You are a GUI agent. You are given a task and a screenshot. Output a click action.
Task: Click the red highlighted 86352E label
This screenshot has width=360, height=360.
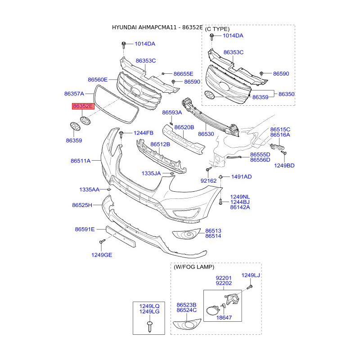[x=83, y=106]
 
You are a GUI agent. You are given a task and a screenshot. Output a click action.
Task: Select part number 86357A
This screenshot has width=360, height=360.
[x=74, y=94]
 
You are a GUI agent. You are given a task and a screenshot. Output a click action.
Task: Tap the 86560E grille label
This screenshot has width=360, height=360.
[x=98, y=80]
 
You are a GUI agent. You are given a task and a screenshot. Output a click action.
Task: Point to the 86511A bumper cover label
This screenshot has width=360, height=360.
[x=81, y=161]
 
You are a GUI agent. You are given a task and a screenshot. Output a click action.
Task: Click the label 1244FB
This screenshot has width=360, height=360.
[x=144, y=133]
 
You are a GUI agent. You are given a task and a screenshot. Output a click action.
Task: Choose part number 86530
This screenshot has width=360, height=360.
[x=206, y=134]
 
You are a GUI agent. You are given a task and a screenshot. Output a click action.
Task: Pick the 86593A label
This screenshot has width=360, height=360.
[x=172, y=112]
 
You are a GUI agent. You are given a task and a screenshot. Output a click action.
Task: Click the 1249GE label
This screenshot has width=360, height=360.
[x=102, y=255]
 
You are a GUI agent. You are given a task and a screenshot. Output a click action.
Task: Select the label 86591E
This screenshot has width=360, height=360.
[x=85, y=229]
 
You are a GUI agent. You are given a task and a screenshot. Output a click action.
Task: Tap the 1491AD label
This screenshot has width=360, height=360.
[x=242, y=177]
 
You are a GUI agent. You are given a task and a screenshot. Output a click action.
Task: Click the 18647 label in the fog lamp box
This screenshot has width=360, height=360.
[x=224, y=318]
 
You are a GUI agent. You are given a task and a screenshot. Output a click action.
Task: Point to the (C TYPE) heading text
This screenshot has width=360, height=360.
[x=217, y=29]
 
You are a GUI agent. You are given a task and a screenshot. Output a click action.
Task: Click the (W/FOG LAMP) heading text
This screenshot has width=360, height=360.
[x=194, y=267]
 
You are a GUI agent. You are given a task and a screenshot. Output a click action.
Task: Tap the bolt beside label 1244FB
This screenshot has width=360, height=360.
[x=121, y=135]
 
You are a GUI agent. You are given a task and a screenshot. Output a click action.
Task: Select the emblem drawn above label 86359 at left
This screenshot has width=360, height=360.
[x=75, y=126]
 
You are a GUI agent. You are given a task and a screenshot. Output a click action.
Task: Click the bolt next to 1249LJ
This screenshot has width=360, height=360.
[x=250, y=287]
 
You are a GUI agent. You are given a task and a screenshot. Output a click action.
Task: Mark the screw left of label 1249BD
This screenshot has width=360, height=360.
[x=284, y=153]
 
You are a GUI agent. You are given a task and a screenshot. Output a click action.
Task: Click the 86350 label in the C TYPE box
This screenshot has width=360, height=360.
[x=286, y=94]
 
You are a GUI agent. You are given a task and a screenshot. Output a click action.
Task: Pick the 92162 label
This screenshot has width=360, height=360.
[x=208, y=181]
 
